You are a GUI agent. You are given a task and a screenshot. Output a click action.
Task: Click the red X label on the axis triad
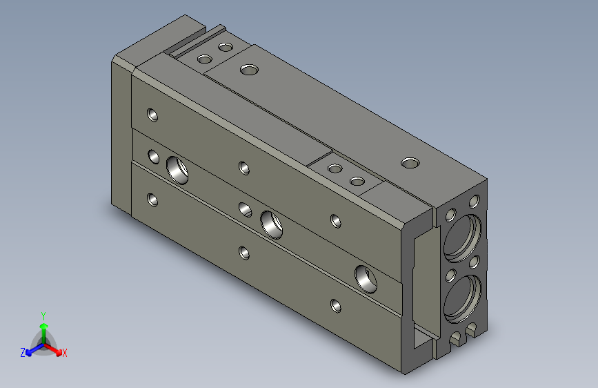coord(64,353)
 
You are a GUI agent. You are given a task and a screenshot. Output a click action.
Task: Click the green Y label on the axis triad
coord(43,316)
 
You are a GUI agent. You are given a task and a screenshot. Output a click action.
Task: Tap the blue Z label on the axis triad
coord(23,353)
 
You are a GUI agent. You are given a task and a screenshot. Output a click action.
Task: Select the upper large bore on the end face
coord(463,238)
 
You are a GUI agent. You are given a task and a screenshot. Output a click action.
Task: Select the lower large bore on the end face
coord(463,299)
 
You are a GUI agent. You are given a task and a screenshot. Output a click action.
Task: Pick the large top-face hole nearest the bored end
coord(410,164)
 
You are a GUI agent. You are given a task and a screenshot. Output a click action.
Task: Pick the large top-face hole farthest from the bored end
coord(250,70)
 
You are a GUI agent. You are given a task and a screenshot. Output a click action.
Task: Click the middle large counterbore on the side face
coord(272,224)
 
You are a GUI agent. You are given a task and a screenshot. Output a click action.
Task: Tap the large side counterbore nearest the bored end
coord(366,279)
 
